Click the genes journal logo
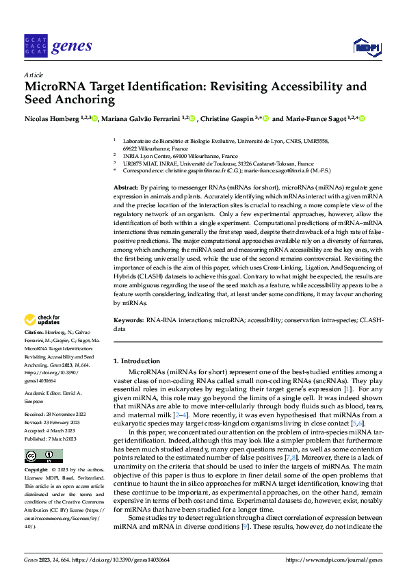(x=57, y=46)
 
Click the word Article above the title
(x=34, y=75)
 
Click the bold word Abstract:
(x=125, y=187)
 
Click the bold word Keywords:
(x=128, y=320)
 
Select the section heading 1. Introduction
(x=137, y=361)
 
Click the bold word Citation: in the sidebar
(x=36, y=332)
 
